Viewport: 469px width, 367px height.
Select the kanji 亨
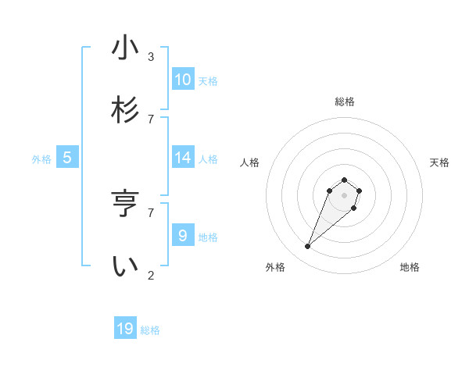pos(125,204)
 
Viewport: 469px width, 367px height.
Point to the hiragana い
pos(125,266)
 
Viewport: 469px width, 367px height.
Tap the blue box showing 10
pos(182,80)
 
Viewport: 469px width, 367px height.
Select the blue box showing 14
pos(182,158)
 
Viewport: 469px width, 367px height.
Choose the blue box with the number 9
pos(182,235)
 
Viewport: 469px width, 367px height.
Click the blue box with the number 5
pos(67,158)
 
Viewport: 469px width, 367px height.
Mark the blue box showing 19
pos(125,329)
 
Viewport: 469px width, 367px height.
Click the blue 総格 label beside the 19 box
pos(150,330)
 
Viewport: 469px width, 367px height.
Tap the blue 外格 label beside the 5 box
pos(41,159)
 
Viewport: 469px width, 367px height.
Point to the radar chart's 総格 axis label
pos(345,102)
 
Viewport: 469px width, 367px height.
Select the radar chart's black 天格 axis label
pos(439,162)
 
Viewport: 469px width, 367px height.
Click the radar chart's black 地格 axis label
pos(410,267)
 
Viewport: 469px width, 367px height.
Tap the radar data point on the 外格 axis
pos(308,247)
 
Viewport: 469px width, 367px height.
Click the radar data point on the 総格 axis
pos(345,178)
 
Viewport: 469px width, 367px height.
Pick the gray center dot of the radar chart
pos(345,195)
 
